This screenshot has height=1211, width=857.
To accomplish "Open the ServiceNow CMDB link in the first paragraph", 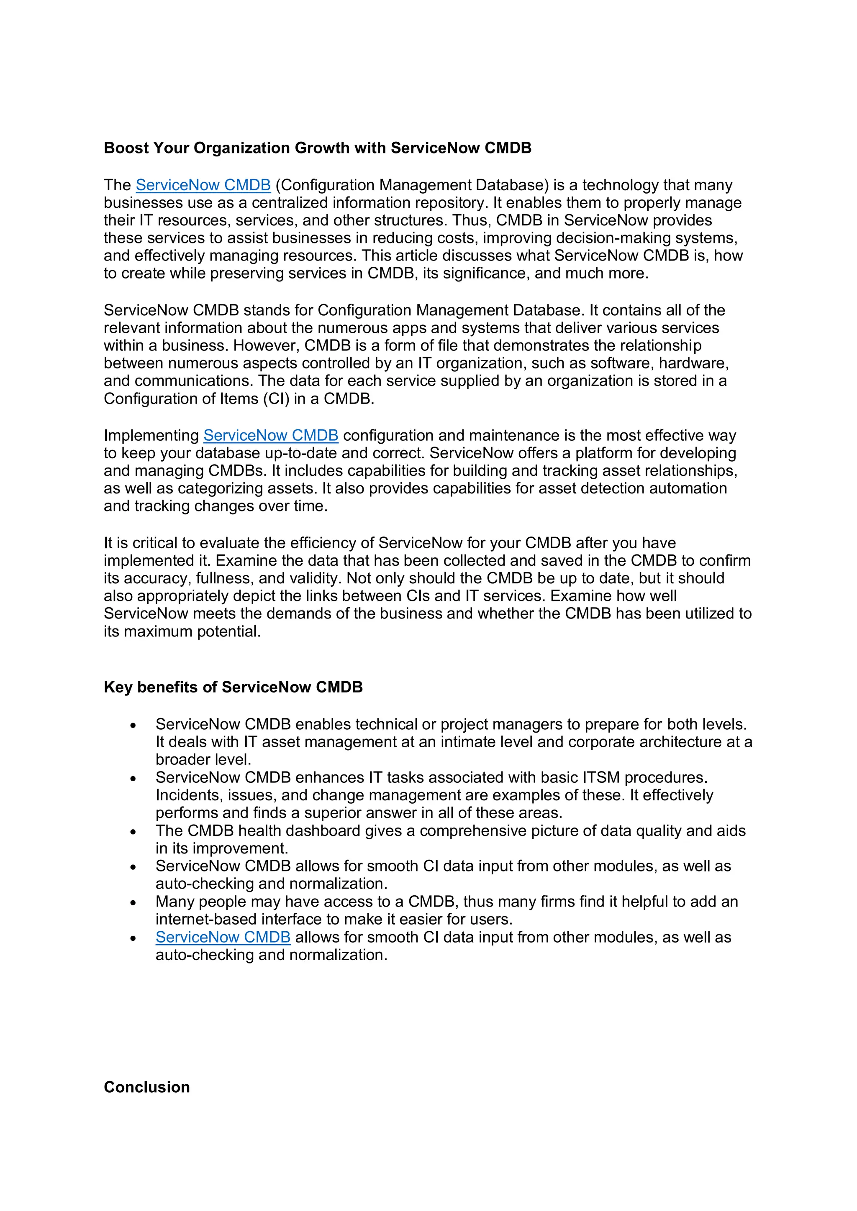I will [x=203, y=185].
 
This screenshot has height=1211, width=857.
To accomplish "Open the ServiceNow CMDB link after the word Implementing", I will [x=271, y=436].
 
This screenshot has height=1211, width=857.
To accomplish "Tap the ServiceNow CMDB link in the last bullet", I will [x=223, y=937].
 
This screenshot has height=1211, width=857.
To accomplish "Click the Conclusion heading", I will [x=147, y=1087].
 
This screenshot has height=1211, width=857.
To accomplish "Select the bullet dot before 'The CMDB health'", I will [x=133, y=832].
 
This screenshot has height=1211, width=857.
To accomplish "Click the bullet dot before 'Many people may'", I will [x=133, y=903].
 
